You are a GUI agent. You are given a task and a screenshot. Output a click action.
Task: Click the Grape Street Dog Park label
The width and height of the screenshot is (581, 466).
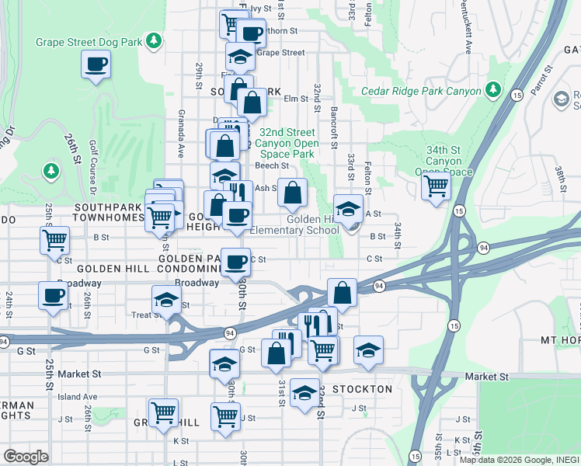coord(90,40)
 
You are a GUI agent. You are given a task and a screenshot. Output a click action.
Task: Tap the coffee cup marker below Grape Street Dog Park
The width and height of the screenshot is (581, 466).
coord(96,64)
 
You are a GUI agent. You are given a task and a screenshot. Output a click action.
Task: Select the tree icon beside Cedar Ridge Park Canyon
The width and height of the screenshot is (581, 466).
coord(492,91)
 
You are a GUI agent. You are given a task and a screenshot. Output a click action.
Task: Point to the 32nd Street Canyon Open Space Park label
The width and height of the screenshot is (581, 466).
coord(288,143)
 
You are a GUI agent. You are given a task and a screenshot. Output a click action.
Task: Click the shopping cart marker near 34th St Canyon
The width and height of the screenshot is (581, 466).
coord(437,186)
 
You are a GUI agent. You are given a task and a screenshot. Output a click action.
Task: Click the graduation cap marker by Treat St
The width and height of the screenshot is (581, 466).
coord(166,300)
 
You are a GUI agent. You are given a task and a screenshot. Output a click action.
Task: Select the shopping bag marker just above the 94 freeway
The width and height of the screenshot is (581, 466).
coord(342,293)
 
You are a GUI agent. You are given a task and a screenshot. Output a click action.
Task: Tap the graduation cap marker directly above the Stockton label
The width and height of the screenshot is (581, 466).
coord(305,392)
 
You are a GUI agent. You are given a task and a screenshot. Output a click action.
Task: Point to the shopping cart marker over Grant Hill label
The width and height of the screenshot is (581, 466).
coord(163,412)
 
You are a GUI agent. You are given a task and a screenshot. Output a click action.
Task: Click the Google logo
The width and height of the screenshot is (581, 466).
coord(26,456)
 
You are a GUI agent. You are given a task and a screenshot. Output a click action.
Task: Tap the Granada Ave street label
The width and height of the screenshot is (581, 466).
coord(181,140)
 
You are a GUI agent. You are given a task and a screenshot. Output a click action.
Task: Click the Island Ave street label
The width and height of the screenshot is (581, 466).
coord(77,396)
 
